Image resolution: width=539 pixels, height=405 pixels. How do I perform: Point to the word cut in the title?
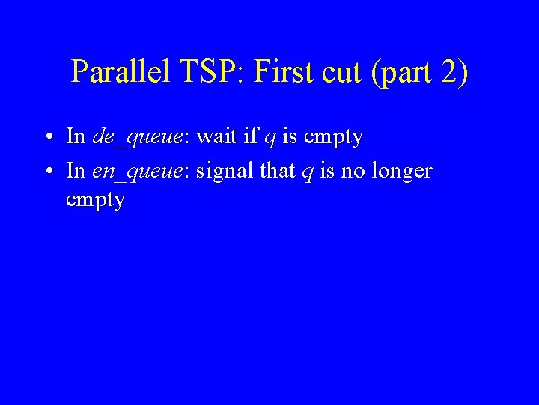point(341,72)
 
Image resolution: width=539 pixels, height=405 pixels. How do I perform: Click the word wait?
point(216,136)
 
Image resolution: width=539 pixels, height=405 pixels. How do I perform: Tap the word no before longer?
point(352,171)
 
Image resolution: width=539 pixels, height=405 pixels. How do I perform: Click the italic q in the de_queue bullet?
point(269,139)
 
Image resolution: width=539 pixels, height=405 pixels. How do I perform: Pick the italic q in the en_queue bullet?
point(308,173)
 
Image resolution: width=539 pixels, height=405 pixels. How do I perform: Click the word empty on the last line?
point(95,202)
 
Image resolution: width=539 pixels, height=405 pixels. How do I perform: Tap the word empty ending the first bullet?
point(333,138)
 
